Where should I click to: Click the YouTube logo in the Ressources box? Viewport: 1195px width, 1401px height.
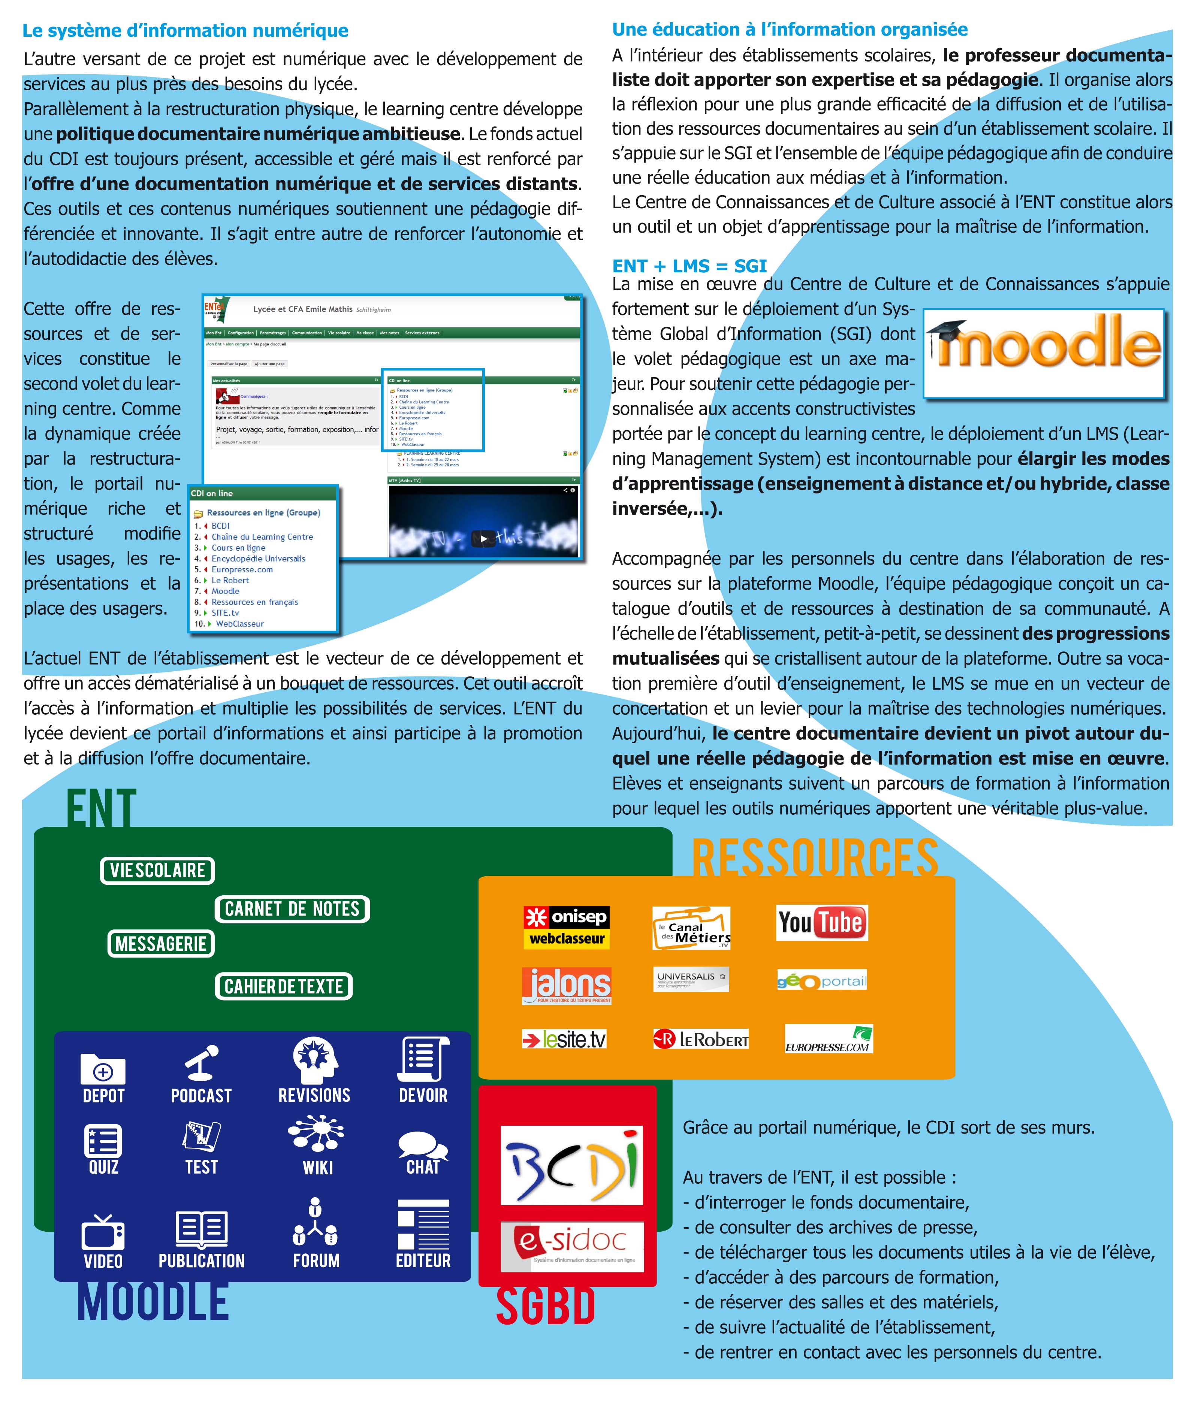coord(822,922)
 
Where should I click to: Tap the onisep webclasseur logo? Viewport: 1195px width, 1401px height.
coord(566,927)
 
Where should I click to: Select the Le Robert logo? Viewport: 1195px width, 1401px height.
coord(701,1039)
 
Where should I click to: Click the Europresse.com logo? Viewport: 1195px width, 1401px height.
coord(829,1039)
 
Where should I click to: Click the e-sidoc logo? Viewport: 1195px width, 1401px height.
coord(571,1246)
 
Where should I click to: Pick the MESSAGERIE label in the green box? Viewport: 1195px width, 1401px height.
coord(161,944)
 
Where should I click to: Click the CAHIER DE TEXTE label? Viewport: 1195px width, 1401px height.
coord(284,987)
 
